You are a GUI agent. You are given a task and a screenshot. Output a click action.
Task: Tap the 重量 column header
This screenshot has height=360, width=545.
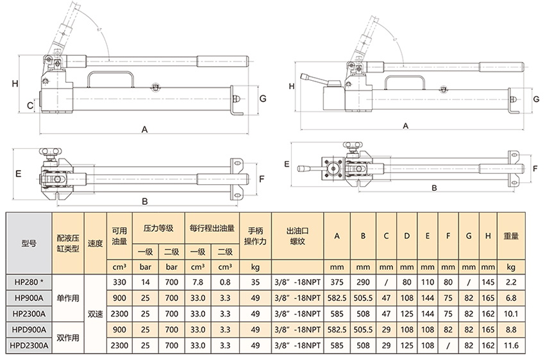click(x=511, y=236)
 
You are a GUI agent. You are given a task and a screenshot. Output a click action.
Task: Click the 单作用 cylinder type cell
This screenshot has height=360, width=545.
click(x=67, y=296)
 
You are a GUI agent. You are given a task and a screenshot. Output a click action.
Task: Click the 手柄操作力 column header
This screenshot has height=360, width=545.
click(x=255, y=236)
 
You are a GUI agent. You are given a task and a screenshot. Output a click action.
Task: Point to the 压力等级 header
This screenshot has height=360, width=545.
click(x=158, y=227)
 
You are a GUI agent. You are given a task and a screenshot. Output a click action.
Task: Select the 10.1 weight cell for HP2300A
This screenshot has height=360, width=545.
click(x=511, y=313)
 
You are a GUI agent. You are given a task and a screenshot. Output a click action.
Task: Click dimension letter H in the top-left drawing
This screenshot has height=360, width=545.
click(x=13, y=83)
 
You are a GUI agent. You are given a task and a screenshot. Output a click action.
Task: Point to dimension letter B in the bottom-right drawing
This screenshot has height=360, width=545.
click(x=434, y=188)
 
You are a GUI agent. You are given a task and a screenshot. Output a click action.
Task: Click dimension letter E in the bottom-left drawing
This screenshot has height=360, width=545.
click(x=19, y=174)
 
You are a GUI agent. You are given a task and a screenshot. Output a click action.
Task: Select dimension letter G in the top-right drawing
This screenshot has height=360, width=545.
click(x=535, y=99)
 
